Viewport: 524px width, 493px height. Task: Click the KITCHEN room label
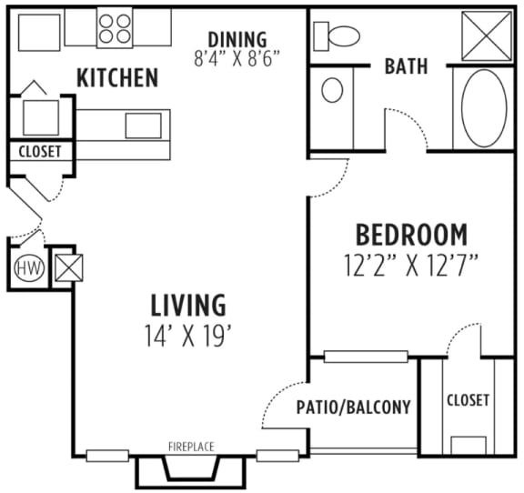tap(117, 78)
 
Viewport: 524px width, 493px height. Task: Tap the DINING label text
tap(237, 39)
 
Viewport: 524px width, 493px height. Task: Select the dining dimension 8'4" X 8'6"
tap(237, 56)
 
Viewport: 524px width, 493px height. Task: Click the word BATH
tap(407, 66)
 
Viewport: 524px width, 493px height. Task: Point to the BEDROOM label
tap(411, 235)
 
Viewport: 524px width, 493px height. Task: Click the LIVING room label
tap(187, 304)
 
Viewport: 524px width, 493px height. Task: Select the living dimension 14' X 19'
tap(187, 335)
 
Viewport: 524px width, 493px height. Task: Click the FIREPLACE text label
tap(191, 447)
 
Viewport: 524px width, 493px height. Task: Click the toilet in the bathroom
tap(338, 36)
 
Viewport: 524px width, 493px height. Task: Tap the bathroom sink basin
tap(333, 90)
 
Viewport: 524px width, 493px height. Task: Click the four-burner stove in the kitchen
tap(115, 27)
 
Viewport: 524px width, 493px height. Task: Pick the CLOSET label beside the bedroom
tap(469, 399)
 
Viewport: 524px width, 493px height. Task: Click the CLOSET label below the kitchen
tap(39, 152)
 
